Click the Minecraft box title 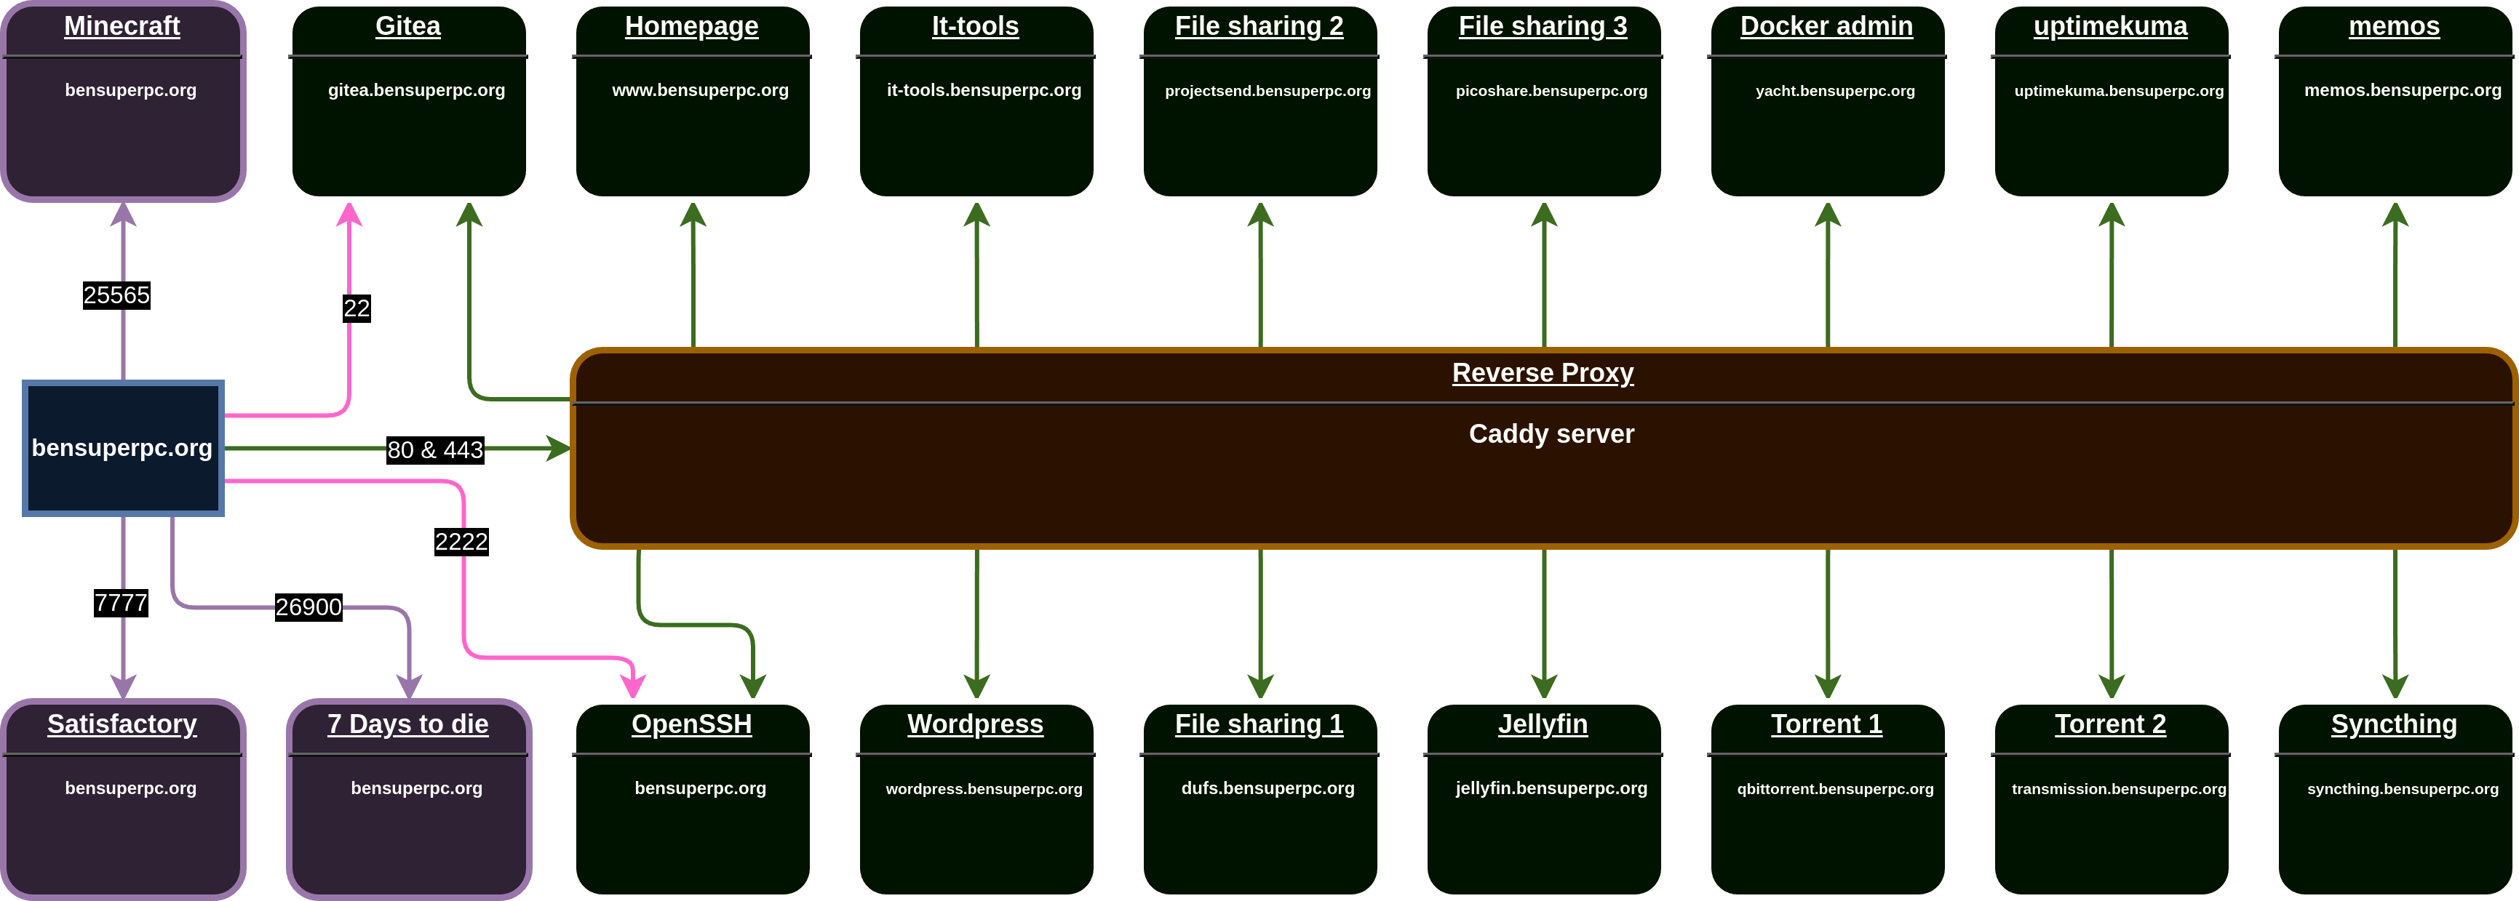pos(122,26)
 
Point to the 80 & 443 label pos(435,449)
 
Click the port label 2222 pos(461,541)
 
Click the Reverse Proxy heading pos(1542,372)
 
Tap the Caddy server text pos(1551,434)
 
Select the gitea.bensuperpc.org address pos(417,90)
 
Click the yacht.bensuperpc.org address pos(1834,91)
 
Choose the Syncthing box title pos(2394,724)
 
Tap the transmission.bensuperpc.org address pos(2118,788)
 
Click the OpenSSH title pos(691,724)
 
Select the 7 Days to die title pos(407,724)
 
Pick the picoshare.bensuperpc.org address pos(1551,91)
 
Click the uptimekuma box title pos(2110,26)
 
